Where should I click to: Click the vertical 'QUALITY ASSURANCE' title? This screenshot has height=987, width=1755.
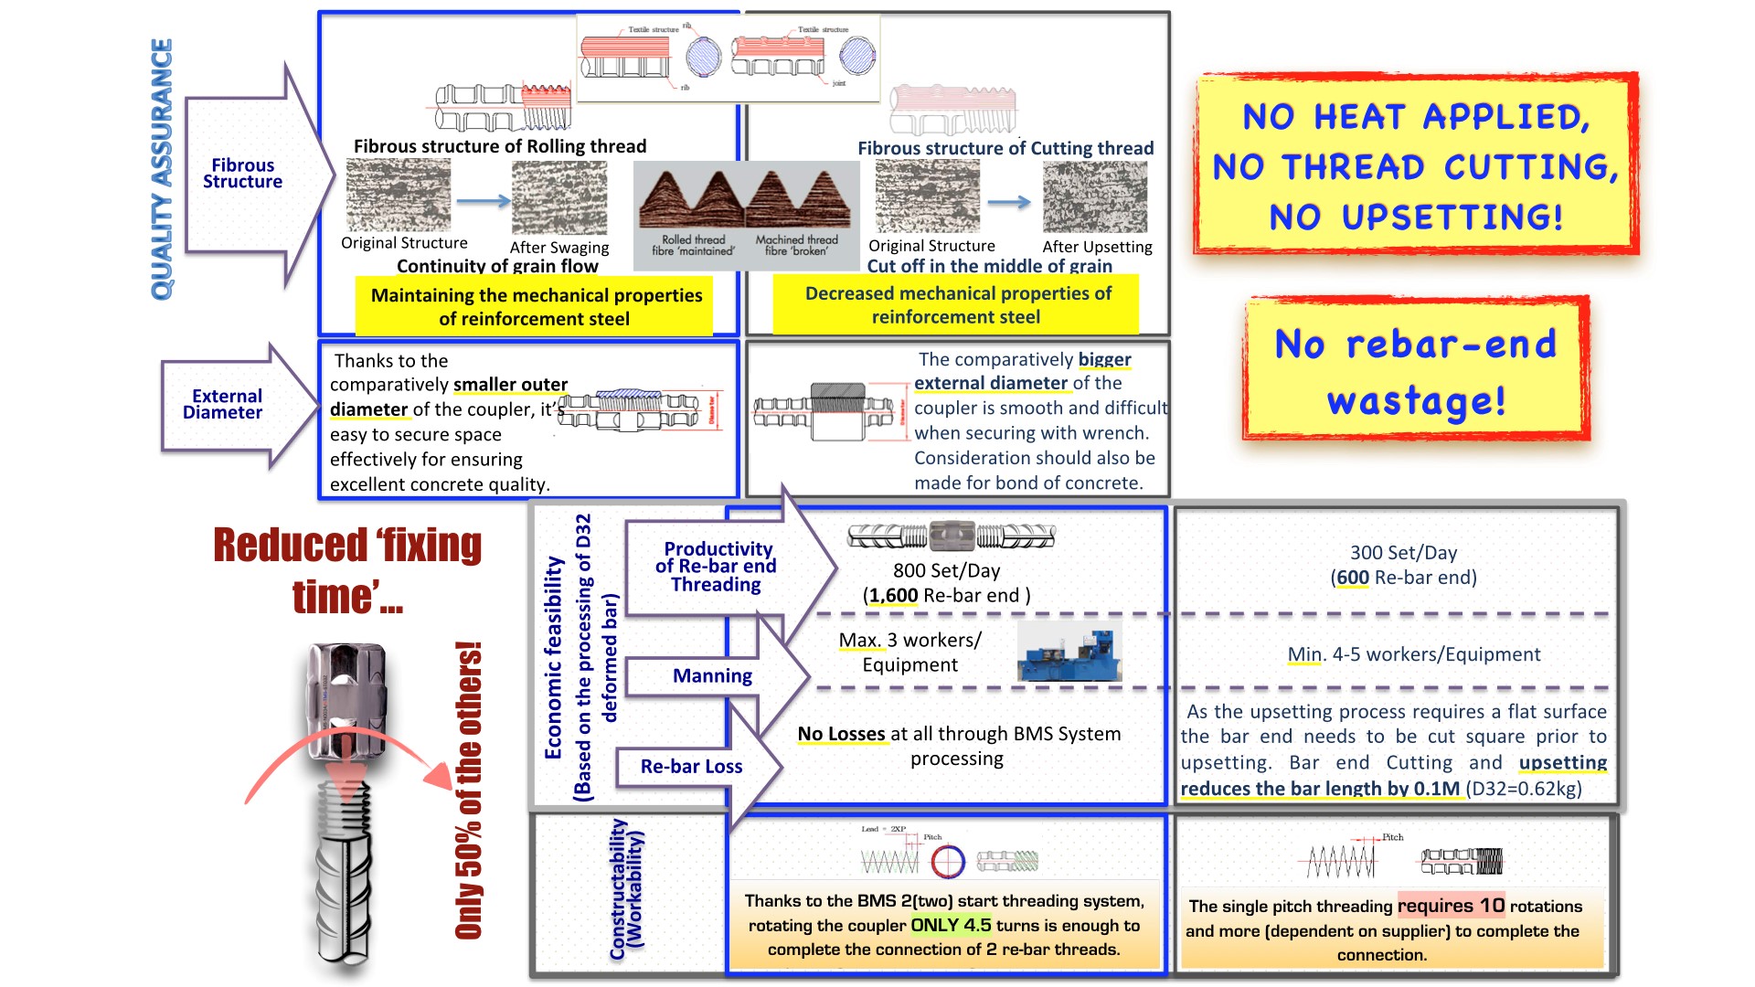point(162,169)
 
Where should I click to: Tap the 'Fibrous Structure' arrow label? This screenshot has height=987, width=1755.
point(242,174)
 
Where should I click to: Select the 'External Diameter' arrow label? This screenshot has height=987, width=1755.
point(224,404)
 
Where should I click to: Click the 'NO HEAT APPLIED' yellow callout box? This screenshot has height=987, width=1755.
point(1415,165)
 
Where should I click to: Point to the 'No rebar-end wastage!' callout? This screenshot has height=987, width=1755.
point(1415,370)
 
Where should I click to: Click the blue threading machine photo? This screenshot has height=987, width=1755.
point(1069,652)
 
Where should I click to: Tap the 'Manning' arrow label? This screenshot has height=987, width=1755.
point(712,676)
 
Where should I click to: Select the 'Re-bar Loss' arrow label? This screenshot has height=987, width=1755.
point(691,767)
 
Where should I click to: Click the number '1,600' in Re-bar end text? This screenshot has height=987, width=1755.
point(893,596)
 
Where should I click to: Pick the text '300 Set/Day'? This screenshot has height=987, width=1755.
point(1403,553)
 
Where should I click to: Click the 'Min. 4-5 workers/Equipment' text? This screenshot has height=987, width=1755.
point(1413,654)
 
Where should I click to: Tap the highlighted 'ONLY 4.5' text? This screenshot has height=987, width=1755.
point(951,925)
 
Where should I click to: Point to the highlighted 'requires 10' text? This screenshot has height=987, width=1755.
point(1451,906)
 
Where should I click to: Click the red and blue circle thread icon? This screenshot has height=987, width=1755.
point(948,860)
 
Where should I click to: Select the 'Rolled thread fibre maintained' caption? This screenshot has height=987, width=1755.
point(693,245)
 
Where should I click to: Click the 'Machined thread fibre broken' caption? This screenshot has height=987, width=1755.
point(796,245)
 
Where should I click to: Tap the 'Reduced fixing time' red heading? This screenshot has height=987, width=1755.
point(347,570)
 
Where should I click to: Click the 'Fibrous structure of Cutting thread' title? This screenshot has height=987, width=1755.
point(1005,148)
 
